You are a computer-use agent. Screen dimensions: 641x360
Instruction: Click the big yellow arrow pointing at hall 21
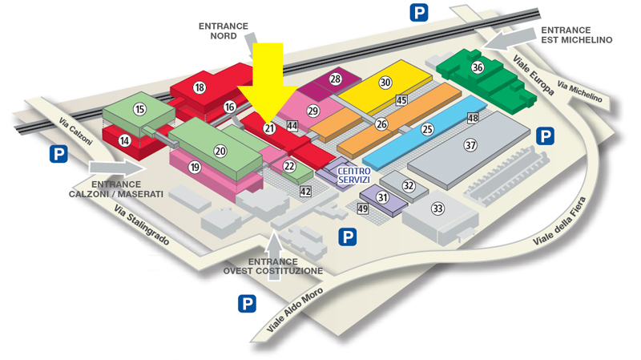click(x=268, y=82)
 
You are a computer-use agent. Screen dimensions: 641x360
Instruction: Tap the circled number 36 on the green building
click(x=478, y=67)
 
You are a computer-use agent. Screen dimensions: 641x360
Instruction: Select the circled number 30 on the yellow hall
click(x=385, y=83)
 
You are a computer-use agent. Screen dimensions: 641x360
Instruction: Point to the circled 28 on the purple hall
click(x=336, y=79)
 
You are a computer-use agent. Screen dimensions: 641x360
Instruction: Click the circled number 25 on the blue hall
click(x=427, y=129)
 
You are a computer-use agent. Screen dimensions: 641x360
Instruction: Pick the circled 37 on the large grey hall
click(x=470, y=145)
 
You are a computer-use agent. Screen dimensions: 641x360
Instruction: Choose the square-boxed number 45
click(x=401, y=99)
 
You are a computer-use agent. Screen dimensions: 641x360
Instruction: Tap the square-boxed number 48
click(x=473, y=118)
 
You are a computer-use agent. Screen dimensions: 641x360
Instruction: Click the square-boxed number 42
click(x=305, y=192)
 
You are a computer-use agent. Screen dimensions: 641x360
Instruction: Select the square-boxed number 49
click(x=363, y=208)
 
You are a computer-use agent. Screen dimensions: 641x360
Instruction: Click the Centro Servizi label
click(x=354, y=176)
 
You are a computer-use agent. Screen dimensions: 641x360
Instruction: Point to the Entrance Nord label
click(x=224, y=31)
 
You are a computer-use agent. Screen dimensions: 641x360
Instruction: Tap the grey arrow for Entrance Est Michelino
click(x=510, y=39)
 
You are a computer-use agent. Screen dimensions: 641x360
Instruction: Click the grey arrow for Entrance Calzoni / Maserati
click(x=117, y=168)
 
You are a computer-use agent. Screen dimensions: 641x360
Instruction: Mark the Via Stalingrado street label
click(x=142, y=224)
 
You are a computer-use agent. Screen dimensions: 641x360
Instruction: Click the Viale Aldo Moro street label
click(x=295, y=309)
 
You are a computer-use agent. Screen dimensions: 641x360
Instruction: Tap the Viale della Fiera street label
click(x=559, y=221)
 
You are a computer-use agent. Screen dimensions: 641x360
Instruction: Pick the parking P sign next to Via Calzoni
click(x=58, y=154)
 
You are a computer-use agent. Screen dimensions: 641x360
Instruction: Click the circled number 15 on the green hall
click(x=139, y=109)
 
